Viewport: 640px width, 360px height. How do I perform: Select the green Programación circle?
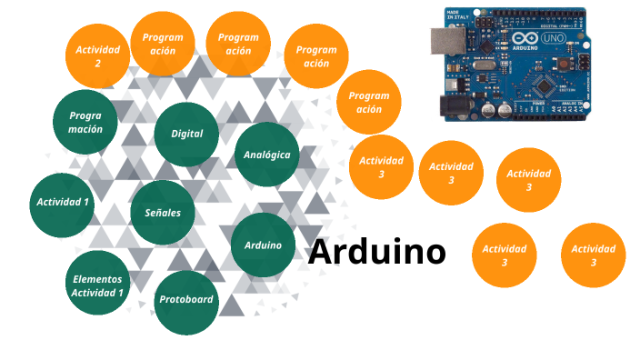click(x=85, y=122)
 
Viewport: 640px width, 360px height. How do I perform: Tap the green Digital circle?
click(x=187, y=134)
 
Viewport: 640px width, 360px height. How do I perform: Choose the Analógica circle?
click(x=266, y=155)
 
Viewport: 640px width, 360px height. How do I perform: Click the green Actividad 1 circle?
click(x=63, y=202)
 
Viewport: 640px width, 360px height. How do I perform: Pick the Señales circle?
click(x=163, y=213)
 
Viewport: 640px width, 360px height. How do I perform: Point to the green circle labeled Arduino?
click(x=263, y=245)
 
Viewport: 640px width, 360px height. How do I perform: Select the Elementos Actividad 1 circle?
click(x=97, y=286)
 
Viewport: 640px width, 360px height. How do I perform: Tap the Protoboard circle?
click(x=186, y=300)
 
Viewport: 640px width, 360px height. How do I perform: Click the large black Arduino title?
click(x=376, y=252)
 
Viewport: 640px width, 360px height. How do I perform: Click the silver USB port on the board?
click(x=447, y=40)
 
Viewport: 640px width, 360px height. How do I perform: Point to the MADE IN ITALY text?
click(x=457, y=15)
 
